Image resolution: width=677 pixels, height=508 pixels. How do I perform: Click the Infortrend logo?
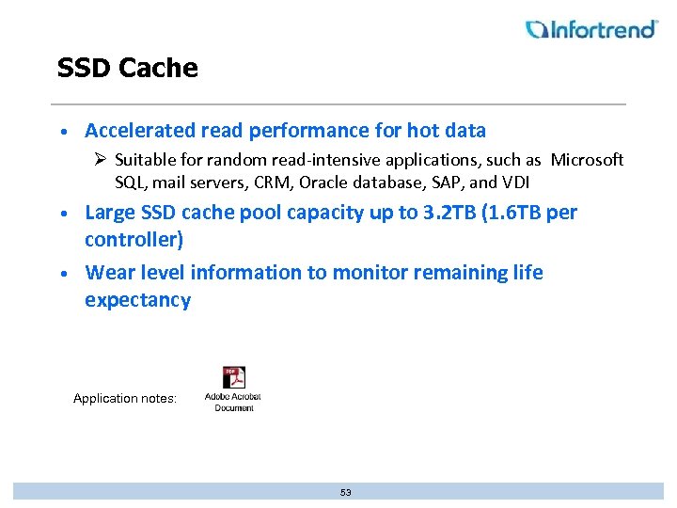(592, 29)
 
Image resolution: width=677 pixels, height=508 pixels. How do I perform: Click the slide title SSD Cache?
(127, 68)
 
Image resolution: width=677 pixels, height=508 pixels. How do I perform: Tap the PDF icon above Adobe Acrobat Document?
(233, 377)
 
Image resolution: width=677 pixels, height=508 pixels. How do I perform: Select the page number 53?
(345, 492)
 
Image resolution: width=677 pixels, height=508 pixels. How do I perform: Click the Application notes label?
(125, 399)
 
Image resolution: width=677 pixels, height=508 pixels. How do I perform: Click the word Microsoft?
(587, 160)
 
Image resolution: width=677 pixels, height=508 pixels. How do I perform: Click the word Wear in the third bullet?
(107, 273)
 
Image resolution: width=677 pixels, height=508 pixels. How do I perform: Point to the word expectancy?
(137, 301)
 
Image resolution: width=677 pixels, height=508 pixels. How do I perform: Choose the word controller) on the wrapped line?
(134, 240)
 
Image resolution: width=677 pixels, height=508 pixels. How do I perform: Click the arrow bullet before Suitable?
(100, 160)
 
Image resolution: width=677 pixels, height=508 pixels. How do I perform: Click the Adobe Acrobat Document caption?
(233, 402)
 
